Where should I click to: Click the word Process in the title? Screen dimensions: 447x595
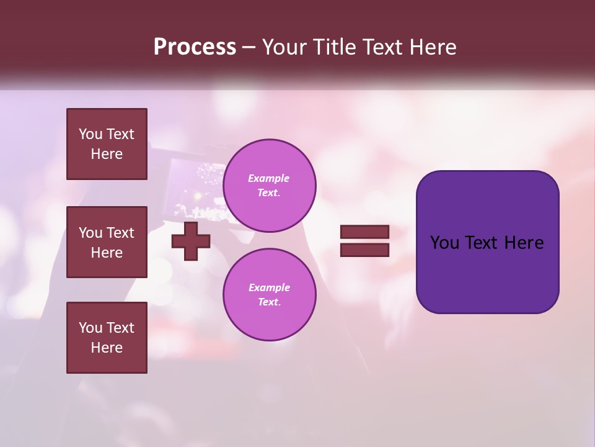195,47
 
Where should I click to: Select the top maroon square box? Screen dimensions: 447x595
107,144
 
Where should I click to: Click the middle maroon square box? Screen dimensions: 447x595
107,242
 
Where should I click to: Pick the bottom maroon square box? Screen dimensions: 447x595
107,338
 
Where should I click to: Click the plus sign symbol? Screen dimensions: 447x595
191,241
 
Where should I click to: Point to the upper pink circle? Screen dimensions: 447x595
270,186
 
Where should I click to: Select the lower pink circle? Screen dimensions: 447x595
270,295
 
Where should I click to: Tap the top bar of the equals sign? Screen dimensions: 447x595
365,232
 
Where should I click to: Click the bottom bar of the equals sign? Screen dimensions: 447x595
365,250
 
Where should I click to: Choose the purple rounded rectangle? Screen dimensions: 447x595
487,242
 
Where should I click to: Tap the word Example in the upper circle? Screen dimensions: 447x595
268,178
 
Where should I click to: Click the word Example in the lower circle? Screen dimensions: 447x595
269,287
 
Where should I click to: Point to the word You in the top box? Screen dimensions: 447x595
90,134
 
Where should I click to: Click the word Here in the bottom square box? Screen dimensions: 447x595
107,348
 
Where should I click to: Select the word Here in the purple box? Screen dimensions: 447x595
524,243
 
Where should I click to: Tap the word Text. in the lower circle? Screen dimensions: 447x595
269,302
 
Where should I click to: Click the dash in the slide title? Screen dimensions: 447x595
249,48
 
